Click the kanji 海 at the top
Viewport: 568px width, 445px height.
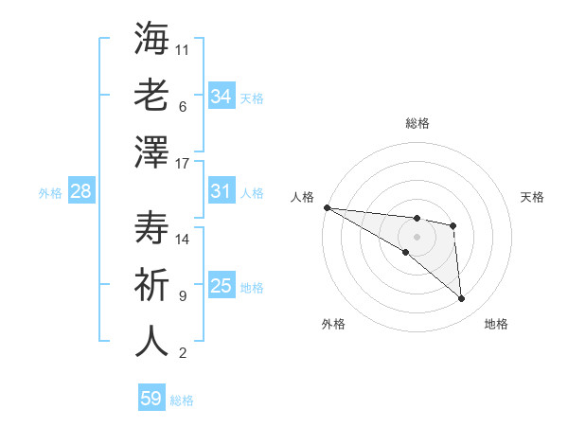coord(151,39)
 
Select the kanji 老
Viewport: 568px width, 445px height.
coord(151,96)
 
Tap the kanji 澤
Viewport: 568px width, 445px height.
coord(151,152)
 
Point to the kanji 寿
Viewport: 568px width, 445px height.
coord(151,228)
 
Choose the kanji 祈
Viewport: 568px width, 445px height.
coord(151,285)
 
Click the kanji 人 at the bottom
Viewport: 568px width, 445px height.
coord(151,342)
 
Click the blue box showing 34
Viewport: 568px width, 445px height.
coord(222,96)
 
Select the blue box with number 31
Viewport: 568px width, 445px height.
coord(222,191)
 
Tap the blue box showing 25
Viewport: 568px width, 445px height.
coord(222,286)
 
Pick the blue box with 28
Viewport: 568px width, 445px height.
coord(81,191)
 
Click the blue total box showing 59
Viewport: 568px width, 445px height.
coord(151,399)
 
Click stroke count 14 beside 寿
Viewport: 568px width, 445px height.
coord(183,240)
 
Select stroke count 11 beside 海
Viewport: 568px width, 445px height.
coord(183,50)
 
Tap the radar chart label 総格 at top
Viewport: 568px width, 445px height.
coord(417,123)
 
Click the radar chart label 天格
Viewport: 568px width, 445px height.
coord(532,197)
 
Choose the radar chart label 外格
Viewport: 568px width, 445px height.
coord(332,324)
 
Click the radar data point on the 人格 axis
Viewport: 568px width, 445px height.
coord(327,206)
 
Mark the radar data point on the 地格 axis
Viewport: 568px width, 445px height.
coord(462,299)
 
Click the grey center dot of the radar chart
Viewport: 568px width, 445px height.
coord(417,236)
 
